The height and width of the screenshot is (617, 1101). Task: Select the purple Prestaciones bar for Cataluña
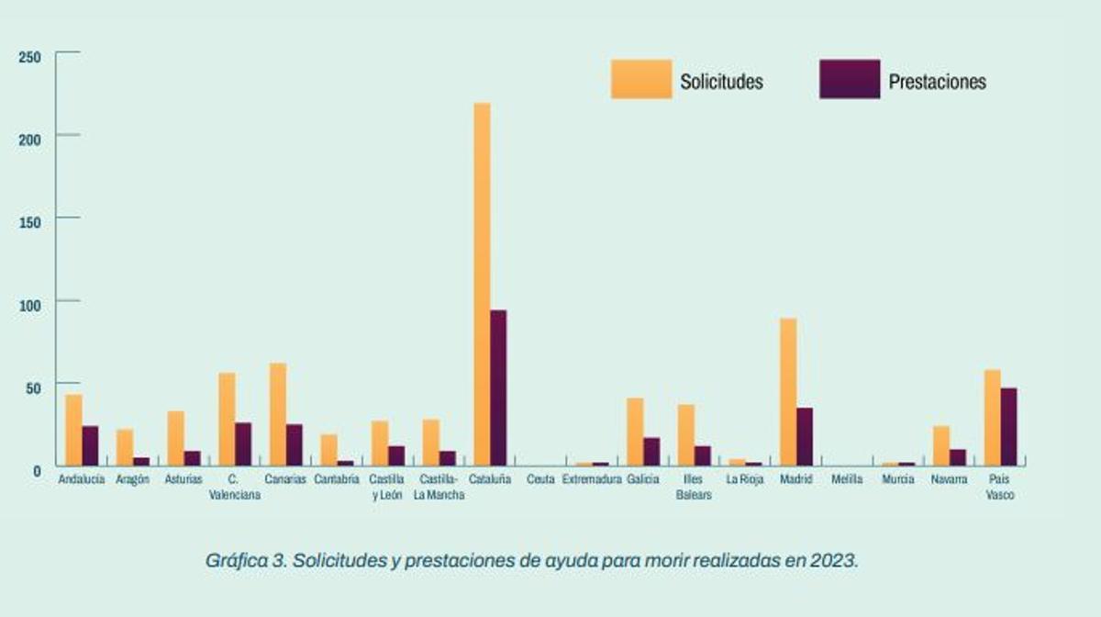pos(498,387)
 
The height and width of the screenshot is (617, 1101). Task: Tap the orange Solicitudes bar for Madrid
pos(788,391)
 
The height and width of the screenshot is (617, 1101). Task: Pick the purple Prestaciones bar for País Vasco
pos(1008,426)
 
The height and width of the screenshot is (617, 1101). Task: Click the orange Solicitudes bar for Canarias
pos(278,413)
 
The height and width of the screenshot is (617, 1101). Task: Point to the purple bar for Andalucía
pos(90,444)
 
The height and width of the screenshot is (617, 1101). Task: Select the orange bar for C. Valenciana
pos(227,418)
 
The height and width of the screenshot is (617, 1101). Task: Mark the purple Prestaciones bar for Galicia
pos(651,451)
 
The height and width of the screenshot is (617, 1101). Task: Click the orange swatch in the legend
pos(641,80)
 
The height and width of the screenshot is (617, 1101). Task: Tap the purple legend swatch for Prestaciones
pos(850,80)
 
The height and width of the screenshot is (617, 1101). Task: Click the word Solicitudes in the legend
pos(721,82)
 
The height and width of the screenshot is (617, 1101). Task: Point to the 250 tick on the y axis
pos(30,58)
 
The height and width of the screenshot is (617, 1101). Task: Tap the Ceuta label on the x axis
pos(540,479)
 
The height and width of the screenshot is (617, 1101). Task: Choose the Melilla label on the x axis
pos(846,479)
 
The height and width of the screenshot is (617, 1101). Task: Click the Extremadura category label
pos(592,479)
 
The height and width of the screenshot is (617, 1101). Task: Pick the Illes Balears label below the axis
pos(694,487)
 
